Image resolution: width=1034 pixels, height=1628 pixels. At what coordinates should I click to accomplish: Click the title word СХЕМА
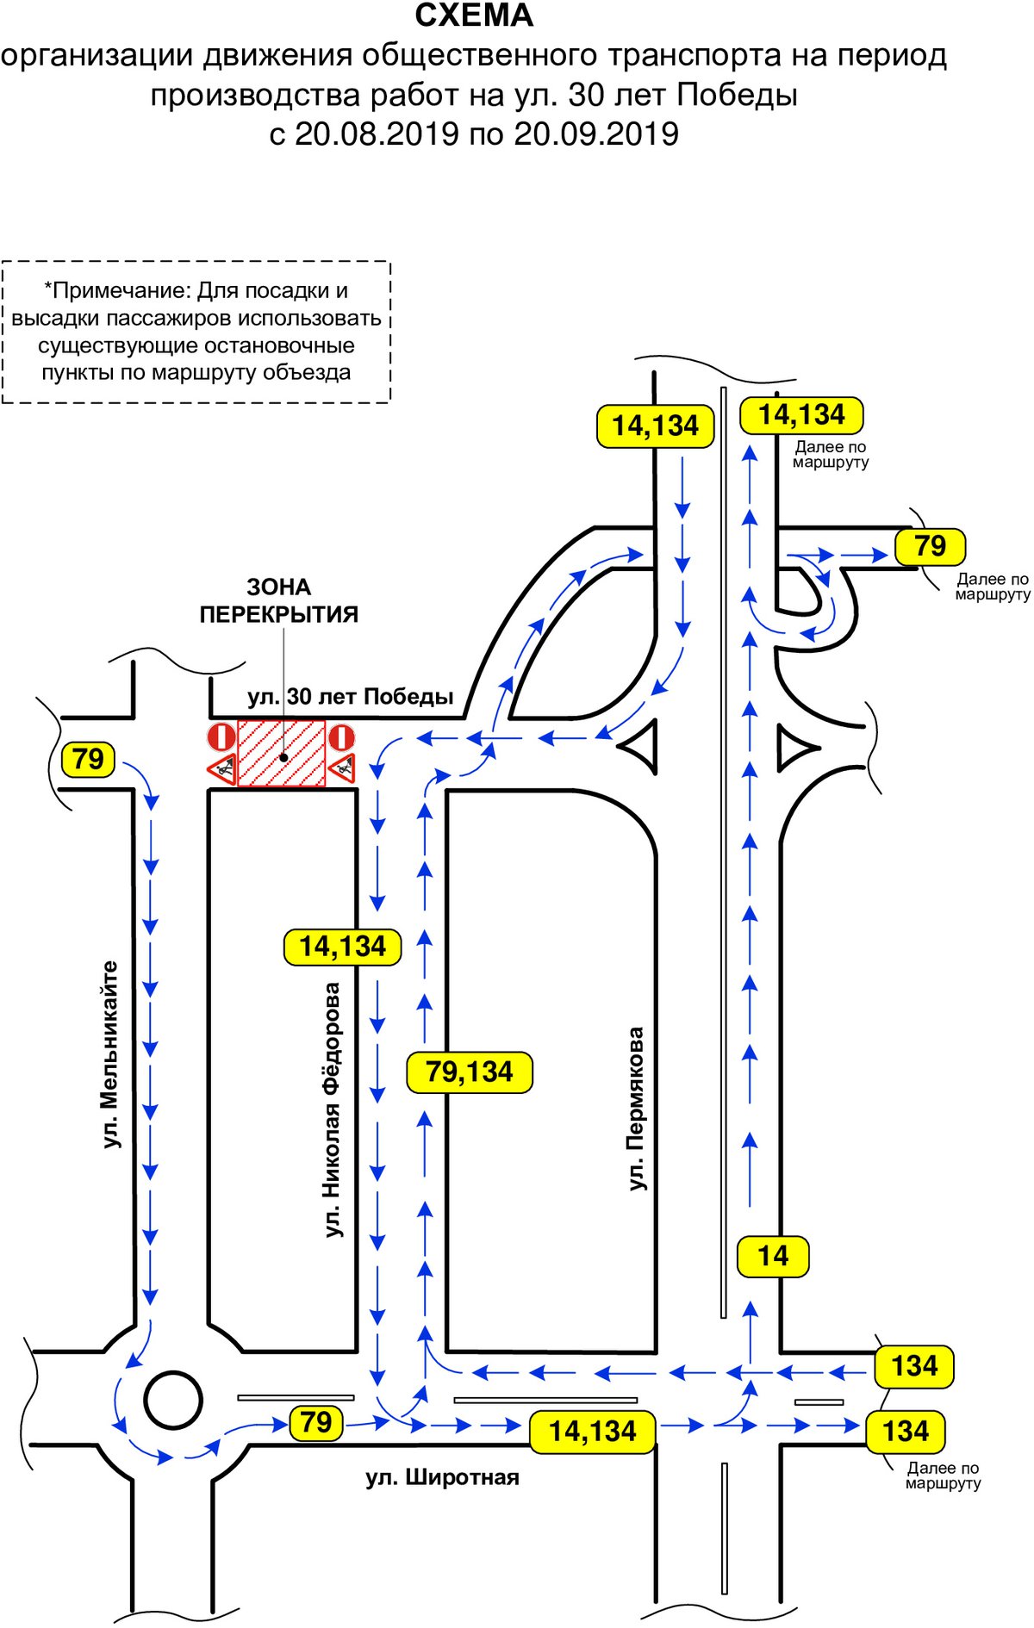click(474, 16)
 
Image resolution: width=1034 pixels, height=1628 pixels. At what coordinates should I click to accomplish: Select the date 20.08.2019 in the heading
click(377, 134)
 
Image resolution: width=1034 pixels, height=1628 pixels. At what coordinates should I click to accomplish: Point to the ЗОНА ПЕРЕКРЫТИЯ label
click(279, 600)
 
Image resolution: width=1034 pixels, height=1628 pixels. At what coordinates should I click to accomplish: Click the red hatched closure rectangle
click(282, 753)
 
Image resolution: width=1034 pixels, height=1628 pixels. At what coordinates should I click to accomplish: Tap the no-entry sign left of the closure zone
click(221, 736)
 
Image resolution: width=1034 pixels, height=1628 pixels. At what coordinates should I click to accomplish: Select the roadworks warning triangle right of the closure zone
click(342, 767)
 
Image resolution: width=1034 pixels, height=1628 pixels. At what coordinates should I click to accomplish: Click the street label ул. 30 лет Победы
click(350, 696)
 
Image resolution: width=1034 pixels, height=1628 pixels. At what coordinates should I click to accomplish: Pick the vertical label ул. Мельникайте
click(110, 1054)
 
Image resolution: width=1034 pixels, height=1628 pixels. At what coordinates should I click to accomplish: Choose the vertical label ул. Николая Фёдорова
click(333, 1109)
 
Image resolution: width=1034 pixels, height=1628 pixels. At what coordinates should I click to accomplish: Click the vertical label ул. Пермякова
click(636, 1109)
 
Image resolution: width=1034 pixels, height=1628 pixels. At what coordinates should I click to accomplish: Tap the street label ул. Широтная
click(442, 1477)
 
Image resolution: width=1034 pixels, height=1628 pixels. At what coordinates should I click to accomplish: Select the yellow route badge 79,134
click(470, 1072)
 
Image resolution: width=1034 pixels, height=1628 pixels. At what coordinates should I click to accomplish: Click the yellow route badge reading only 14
click(774, 1256)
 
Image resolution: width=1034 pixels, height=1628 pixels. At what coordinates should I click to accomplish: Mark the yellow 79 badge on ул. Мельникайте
click(88, 760)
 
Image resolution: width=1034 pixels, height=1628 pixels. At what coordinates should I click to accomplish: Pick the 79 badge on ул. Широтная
click(316, 1422)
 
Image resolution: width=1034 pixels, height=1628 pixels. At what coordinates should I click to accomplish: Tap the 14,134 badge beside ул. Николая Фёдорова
click(343, 947)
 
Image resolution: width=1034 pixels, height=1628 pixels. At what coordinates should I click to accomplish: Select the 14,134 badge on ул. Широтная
click(593, 1432)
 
